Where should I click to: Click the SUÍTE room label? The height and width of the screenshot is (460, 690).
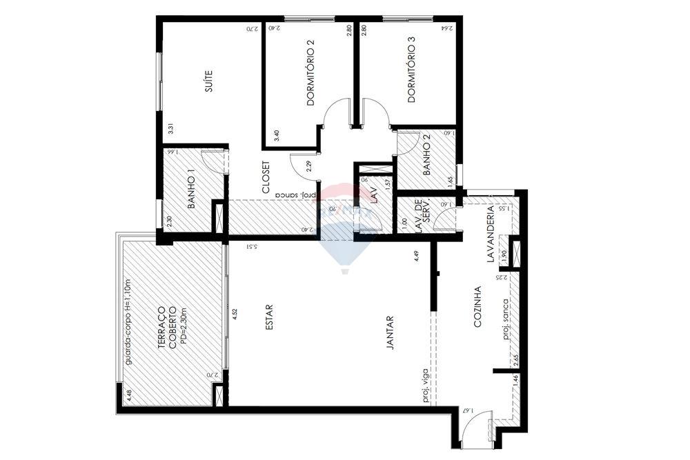[208, 81]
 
